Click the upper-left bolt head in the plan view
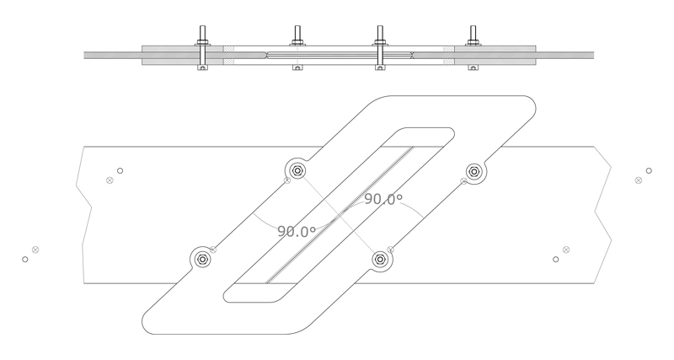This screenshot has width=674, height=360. pos(297,169)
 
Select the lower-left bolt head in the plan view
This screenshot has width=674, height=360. pos(202,260)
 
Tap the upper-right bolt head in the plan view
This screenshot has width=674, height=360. pos(474,171)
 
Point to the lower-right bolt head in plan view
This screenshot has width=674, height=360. pos(381,260)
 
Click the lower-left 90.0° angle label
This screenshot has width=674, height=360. pos(297,231)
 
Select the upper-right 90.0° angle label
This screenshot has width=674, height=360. pos(383,200)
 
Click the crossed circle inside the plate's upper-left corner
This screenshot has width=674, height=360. pos(110,180)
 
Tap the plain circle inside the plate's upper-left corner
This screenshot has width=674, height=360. pos(120,171)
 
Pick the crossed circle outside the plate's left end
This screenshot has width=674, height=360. pos(35,250)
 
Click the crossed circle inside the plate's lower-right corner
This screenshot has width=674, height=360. pos(565,250)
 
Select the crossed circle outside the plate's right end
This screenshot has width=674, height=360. pos(638,180)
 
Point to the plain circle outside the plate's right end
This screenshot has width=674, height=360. pos(648,171)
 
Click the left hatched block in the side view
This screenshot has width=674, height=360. pos(227,56)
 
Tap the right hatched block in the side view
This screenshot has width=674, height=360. pos(449,56)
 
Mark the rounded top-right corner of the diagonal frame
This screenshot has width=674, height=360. pos(527,105)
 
